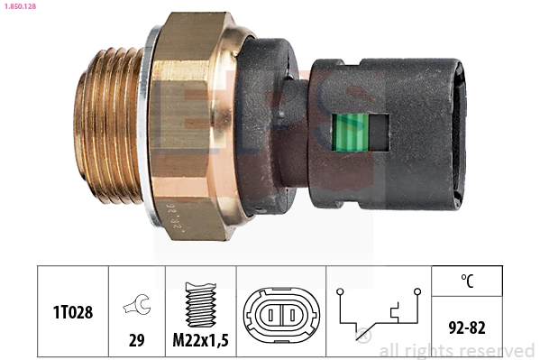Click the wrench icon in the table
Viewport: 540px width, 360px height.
pyautogui.click(x=137, y=305)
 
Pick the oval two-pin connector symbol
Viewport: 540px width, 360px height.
pyautogui.click(x=280, y=312)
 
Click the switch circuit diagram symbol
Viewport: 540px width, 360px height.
pyautogui.click(x=379, y=312)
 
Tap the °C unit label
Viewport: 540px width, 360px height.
pyautogui.click(x=467, y=281)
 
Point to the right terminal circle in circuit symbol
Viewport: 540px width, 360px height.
pyautogui.click(x=417, y=291)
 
